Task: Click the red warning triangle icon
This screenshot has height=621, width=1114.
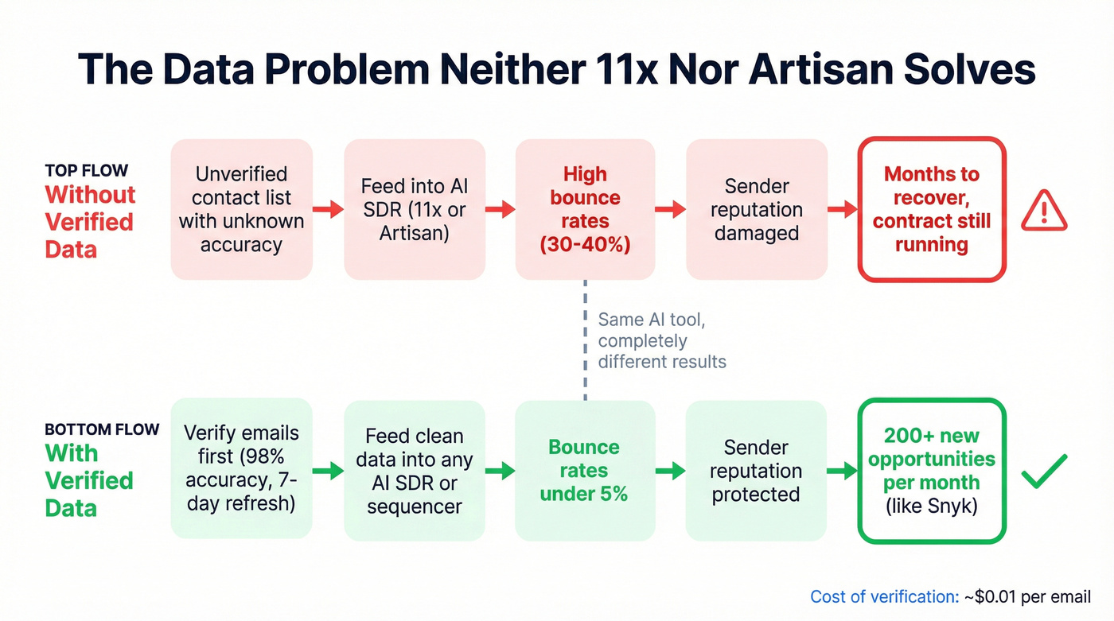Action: point(1045,210)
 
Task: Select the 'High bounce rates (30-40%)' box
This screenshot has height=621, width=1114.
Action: point(585,210)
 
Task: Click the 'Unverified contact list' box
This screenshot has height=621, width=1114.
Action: point(241,210)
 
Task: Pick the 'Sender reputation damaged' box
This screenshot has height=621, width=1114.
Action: point(756,210)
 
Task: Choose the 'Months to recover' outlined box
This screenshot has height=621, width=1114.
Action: point(932,210)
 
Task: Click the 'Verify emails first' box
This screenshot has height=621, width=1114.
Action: point(241,469)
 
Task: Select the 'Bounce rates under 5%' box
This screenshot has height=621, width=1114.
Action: point(585,470)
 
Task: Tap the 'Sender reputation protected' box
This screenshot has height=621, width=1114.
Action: point(755,470)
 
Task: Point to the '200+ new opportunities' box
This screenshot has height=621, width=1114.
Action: point(932,471)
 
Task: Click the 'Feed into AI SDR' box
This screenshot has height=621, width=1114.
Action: point(415,210)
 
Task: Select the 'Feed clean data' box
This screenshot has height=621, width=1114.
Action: point(415,470)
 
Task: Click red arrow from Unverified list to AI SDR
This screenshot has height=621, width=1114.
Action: point(327,210)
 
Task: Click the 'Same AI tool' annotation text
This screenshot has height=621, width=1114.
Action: point(662,340)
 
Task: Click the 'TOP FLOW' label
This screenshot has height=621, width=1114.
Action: point(86,171)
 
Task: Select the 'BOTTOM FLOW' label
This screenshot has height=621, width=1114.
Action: point(102,429)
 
